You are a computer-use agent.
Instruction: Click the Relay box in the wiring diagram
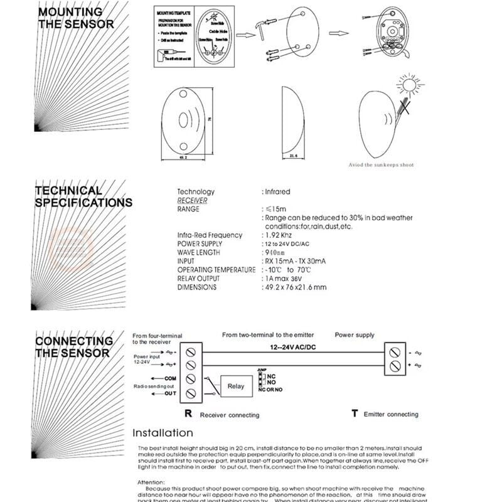[236, 387]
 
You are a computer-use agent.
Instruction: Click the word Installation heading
[163, 432]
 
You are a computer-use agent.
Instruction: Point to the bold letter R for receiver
[188, 414]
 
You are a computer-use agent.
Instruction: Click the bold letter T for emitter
[355, 414]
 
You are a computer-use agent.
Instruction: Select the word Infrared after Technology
[277, 192]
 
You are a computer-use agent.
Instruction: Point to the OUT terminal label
[170, 393]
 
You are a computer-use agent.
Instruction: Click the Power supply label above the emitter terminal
[354, 335]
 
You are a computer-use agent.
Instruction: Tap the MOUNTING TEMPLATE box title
[173, 13]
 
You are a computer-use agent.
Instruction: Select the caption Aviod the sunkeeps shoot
[381, 165]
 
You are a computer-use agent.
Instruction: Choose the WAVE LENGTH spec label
[198, 252]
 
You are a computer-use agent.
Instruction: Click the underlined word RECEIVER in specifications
[192, 201]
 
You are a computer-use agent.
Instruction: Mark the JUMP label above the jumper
[263, 371]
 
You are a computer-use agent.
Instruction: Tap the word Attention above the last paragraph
[152, 483]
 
